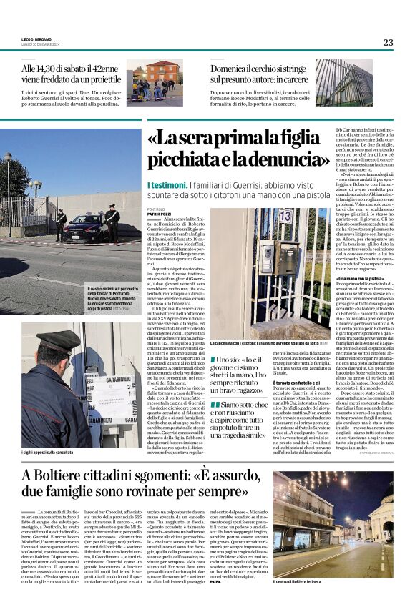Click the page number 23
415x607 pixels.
tap(387, 42)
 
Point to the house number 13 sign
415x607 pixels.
tap(285, 216)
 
